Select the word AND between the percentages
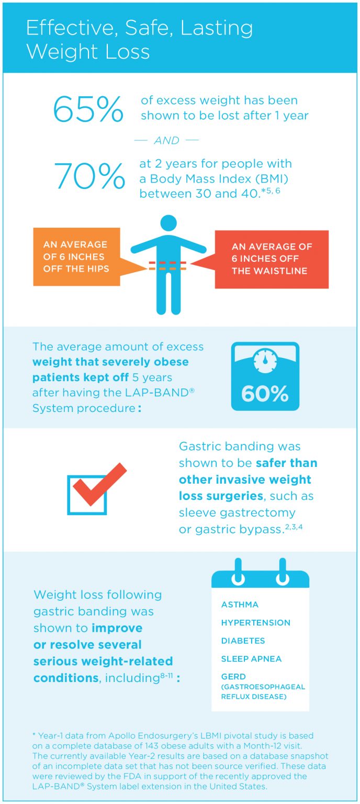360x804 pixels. [166, 140]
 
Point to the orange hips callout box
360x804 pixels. [76, 257]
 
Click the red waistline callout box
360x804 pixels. [272, 259]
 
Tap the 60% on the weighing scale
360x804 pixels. [265, 394]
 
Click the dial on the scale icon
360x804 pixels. [265, 361]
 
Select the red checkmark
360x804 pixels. [99, 485]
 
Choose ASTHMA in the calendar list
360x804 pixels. [240, 605]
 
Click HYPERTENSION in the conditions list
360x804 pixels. [255, 623]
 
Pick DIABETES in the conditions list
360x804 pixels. [243, 641]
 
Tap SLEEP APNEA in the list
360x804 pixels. [251, 659]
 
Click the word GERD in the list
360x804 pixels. [233, 677]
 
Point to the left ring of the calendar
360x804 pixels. [238, 571]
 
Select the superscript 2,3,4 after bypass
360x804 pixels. [294, 526]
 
